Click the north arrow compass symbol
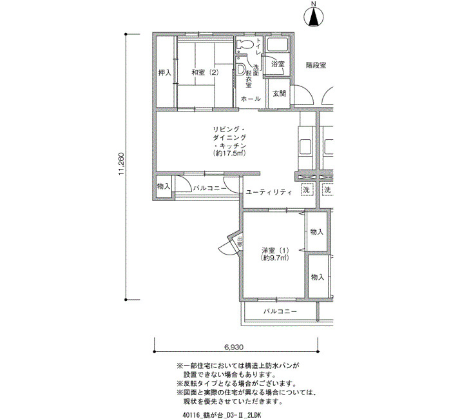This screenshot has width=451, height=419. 314,17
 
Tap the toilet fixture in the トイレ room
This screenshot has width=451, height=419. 244,44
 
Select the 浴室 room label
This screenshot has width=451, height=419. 278,64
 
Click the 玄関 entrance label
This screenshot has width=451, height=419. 279,93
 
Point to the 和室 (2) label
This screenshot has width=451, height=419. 206,72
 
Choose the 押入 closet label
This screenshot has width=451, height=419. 165,73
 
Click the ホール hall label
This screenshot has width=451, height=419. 251,99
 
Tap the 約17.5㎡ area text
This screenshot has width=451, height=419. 229,153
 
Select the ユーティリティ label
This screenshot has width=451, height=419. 269,192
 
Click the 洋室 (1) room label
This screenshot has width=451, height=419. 275,250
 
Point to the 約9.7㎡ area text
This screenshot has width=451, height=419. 275,258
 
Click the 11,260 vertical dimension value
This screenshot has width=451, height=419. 121,164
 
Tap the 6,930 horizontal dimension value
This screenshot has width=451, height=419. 233,347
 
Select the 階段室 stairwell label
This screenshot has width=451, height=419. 316,65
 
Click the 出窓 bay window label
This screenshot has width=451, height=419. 240,242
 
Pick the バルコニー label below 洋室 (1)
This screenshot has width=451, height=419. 280,311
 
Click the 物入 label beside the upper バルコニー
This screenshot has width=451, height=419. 164,186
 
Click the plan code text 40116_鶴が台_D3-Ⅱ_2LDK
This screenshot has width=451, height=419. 222,414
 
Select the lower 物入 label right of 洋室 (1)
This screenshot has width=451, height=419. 318,277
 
